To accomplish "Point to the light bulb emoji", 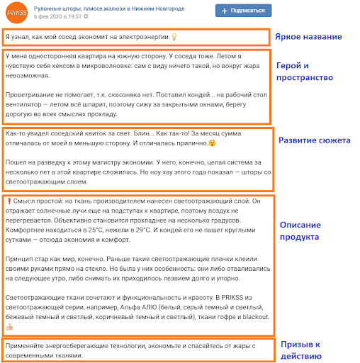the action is click(174, 37).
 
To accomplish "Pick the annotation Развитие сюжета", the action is click(314, 140).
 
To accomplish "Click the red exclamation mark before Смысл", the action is click(9, 201).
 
